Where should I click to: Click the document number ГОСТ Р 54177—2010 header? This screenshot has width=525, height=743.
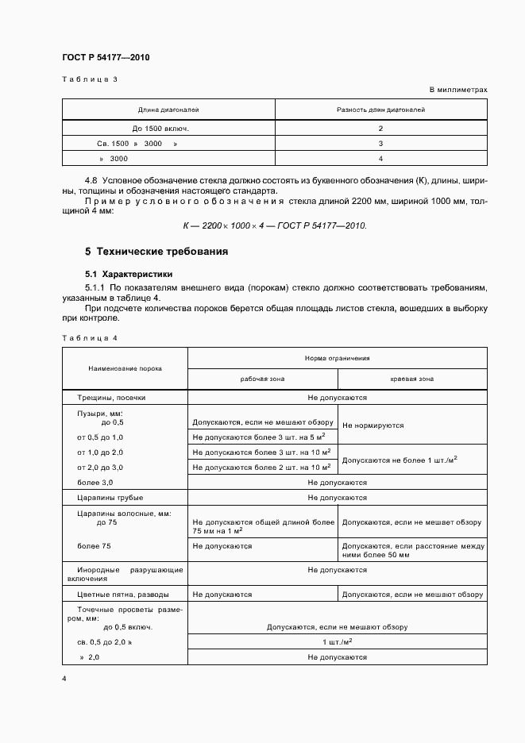point(105,58)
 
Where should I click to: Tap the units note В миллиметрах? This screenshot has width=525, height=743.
point(458,90)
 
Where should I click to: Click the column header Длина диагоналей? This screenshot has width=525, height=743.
point(168,110)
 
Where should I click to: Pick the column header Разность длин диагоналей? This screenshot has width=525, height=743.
point(380,110)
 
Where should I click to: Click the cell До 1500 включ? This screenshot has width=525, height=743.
point(161,128)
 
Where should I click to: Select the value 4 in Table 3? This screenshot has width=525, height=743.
point(380,158)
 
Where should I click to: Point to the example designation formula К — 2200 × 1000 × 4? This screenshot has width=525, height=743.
point(275,225)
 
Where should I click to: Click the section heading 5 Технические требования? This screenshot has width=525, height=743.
point(156,252)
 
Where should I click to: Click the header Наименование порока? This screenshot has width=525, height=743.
point(125,368)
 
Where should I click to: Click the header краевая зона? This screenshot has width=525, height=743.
point(411,379)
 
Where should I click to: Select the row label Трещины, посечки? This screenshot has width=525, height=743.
point(111,397)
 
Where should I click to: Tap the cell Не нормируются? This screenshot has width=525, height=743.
point(373,425)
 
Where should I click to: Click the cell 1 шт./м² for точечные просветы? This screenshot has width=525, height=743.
point(337,641)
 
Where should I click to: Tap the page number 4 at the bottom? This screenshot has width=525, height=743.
point(64,679)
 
